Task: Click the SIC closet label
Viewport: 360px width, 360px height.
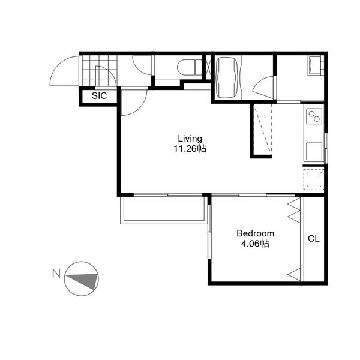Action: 99,96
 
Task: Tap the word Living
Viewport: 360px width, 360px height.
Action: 190,139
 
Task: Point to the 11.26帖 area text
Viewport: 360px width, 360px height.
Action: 190,149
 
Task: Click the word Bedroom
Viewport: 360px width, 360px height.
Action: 256,233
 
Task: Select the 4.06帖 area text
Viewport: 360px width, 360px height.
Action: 255,244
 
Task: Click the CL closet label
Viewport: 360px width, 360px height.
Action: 314,239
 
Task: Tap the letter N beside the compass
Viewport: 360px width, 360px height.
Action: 56,274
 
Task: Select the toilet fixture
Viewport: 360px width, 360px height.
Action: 190,67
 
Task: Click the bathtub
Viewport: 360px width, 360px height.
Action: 227,77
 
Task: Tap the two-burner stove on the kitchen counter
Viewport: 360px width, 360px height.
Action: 314,116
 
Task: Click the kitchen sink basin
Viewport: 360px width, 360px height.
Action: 314,151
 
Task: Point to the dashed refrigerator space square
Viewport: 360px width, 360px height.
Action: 314,179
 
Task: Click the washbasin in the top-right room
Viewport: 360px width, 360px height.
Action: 314,65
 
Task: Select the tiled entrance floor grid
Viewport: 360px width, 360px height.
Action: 100,70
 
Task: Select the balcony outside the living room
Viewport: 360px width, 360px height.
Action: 163,210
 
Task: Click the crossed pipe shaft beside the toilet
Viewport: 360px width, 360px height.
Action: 208,67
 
